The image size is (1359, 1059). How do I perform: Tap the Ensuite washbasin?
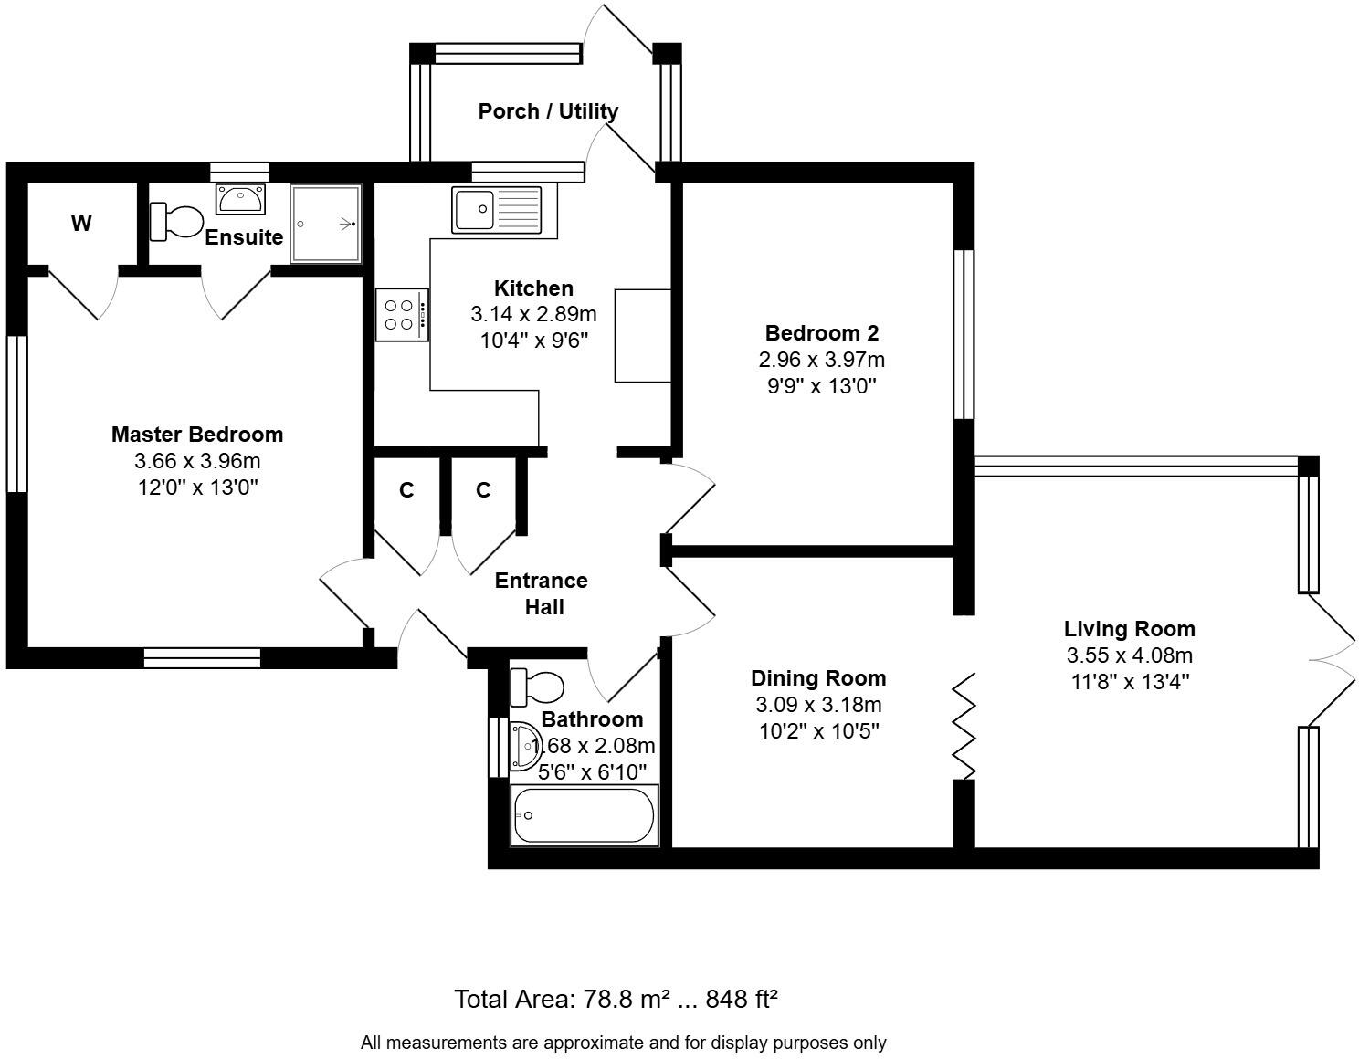pos(240,198)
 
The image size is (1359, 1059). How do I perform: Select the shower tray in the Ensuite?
pos(326,224)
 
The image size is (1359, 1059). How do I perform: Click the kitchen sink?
pos(496,210)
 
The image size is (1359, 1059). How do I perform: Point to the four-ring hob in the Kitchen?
pos(402,314)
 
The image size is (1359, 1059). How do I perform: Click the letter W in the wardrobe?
pos(81,224)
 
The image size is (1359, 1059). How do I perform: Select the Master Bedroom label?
pos(197,435)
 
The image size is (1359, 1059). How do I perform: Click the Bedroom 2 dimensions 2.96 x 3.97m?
pos(821,360)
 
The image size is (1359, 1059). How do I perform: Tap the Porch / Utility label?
pos(548,111)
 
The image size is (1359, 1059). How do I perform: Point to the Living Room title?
pos(1129,629)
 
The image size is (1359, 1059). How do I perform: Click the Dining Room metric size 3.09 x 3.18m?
pos(817,705)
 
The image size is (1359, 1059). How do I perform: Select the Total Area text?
pos(616,999)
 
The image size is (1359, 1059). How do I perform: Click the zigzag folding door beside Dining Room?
pos(964,727)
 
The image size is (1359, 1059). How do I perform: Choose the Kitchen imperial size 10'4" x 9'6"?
pos(533,341)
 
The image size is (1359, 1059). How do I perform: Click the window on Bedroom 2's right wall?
pos(964,334)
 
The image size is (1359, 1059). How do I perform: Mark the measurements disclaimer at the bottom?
pos(623,1043)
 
